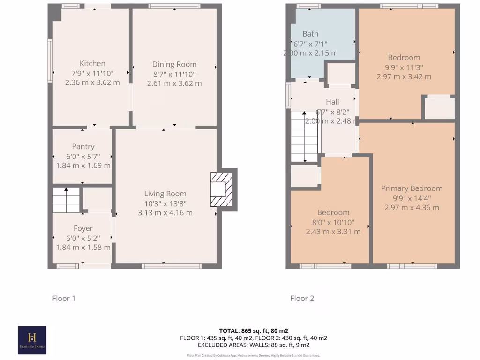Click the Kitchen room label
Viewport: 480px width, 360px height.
92,64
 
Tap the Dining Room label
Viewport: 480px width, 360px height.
174,65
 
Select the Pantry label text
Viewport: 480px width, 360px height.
83,147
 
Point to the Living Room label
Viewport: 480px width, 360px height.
165,194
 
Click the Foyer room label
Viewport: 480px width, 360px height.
83,228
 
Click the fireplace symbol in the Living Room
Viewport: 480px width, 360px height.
221,189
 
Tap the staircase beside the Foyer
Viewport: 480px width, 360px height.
66,200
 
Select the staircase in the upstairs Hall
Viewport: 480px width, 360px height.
304,136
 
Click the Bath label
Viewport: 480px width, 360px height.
310,34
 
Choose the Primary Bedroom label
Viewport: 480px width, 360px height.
412,188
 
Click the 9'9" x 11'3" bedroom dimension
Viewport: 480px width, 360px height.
404,67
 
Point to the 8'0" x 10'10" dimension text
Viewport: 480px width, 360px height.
333,222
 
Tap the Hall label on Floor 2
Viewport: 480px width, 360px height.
332,102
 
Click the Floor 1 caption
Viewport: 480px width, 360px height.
63,298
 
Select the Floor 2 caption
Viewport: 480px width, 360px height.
302,298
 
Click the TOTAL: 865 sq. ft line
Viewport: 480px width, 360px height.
254,330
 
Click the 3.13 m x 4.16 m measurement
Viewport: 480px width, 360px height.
165,213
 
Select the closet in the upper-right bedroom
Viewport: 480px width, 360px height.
439,108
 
